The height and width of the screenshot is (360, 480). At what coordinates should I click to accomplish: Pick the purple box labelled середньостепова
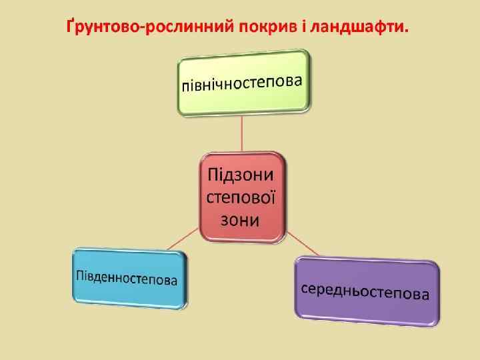pos(367,292)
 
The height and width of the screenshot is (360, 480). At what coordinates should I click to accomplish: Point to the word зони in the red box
pos(241,220)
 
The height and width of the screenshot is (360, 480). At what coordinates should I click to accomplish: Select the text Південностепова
pos(127,278)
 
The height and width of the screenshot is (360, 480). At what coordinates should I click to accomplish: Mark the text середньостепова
pos(365,291)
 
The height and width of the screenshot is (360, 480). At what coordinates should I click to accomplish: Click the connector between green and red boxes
pos(243,133)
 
